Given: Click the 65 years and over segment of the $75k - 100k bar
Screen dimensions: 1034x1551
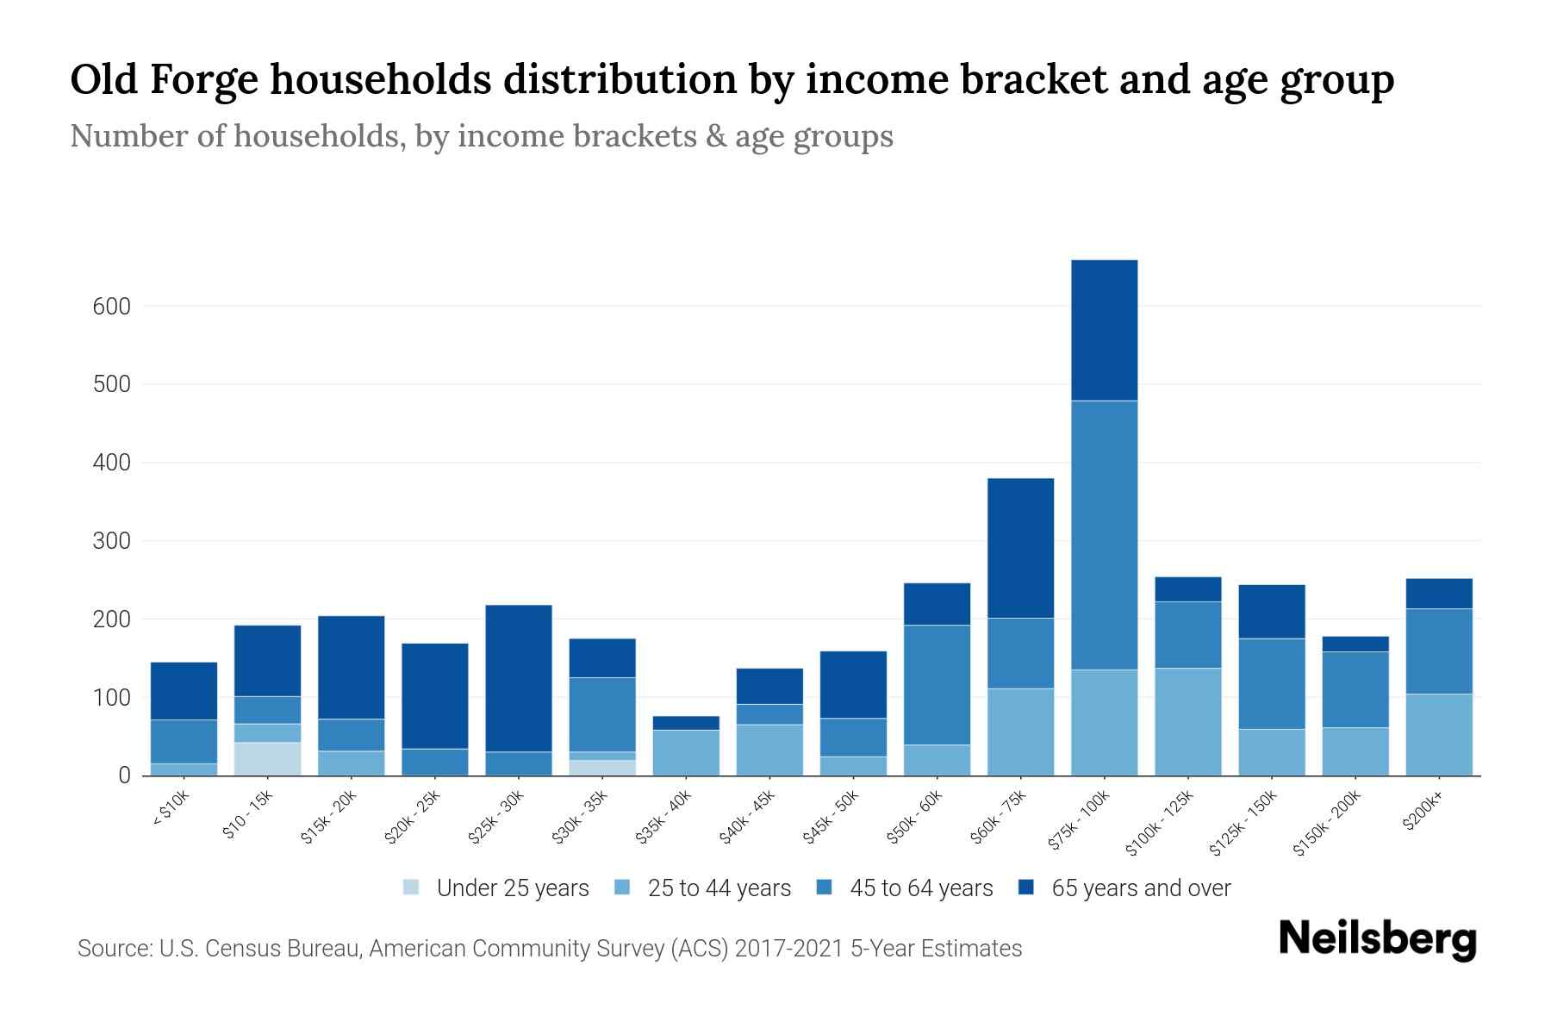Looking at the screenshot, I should pyautogui.click(x=1104, y=330).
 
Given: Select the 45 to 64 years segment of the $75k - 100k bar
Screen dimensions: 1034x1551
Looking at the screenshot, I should pyautogui.click(x=1104, y=535).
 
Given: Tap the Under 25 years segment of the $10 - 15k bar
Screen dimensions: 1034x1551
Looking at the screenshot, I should pyautogui.click(x=267, y=758).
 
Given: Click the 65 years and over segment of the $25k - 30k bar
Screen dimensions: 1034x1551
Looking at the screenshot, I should pyautogui.click(x=519, y=678).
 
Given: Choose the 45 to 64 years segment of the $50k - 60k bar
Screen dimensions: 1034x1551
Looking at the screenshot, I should pyautogui.click(x=937, y=685).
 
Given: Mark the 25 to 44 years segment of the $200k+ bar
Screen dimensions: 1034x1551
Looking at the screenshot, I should pyautogui.click(x=1438, y=734).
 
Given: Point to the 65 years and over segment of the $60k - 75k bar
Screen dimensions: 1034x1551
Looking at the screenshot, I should pyautogui.click(x=1020, y=548).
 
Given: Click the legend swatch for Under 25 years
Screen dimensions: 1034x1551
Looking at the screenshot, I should pyautogui.click(x=412, y=888).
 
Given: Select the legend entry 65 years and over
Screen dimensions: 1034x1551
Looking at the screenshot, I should pyautogui.click(x=1140, y=888).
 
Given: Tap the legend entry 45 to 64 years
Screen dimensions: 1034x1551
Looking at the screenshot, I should pyautogui.click(x=920, y=888).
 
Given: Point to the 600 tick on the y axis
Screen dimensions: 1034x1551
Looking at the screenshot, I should pyautogui.click(x=111, y=307).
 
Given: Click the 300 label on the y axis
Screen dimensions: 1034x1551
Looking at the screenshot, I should pyautogui.click(x=111, y=541).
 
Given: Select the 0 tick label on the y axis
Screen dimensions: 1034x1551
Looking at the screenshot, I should pyautogui.click(x=124, y=776).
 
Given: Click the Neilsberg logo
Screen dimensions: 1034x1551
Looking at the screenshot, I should pyautogui.click(x=1377, y=939).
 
